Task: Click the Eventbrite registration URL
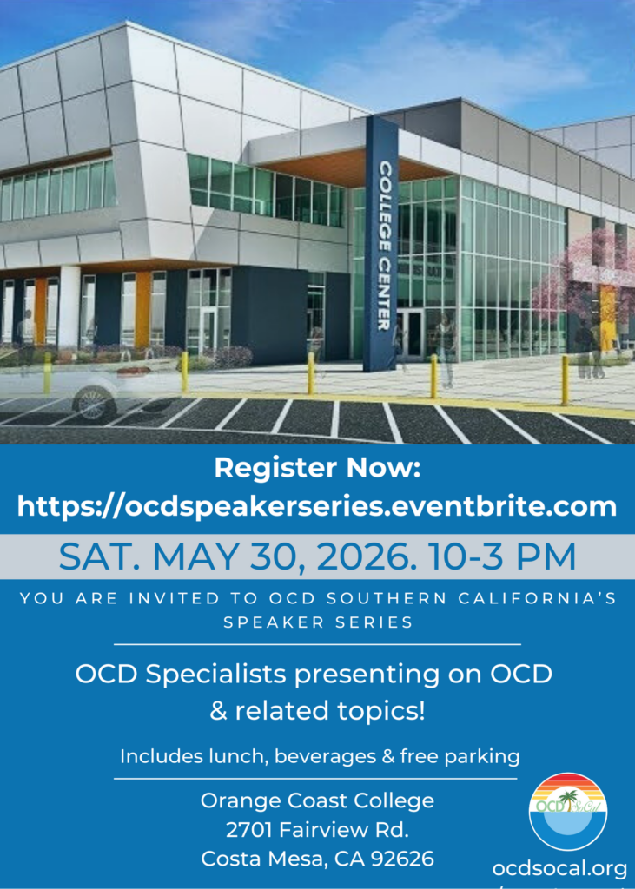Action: [x=317, y=506]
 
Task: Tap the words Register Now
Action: [x=317, y=469]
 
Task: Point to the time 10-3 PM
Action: [x=503, y=557]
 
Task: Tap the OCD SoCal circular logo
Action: [x=568, y=812]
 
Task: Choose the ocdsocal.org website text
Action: [x=559, y=868]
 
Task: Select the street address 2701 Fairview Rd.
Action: [x=317, y=831]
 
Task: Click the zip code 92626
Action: [x=402, y=859]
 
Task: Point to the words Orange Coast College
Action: [x=317, y=801]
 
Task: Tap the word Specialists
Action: [x=208, y=675]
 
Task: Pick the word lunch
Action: [x=241, y=756]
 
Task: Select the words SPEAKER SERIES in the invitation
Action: [x=318, y=622]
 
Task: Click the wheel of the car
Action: [x=94, y=403]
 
